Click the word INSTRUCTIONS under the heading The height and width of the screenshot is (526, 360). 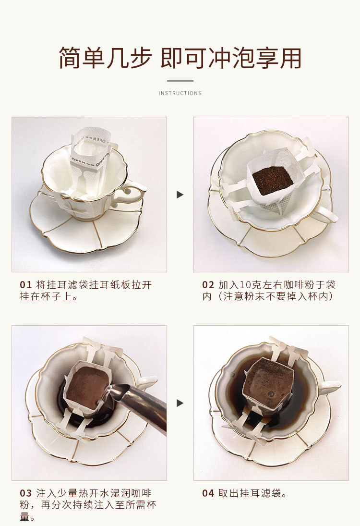click(x=180, y=93)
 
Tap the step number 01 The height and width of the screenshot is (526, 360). click(x=25, y=285)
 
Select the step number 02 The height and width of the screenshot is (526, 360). click(x=208, y=285)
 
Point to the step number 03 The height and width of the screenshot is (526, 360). click(x=25, y=493)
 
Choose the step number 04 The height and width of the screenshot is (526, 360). click(x=208, y=493)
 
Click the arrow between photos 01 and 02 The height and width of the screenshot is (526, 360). click(x=180, y=195)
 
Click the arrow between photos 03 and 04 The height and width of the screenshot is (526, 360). click(x=180, y=403)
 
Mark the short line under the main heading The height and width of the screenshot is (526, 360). click(x=180, y=81)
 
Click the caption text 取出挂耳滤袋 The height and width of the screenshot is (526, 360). click(x=252, y=493)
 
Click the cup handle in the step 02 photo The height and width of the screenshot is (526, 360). click(x=326, y=214)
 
